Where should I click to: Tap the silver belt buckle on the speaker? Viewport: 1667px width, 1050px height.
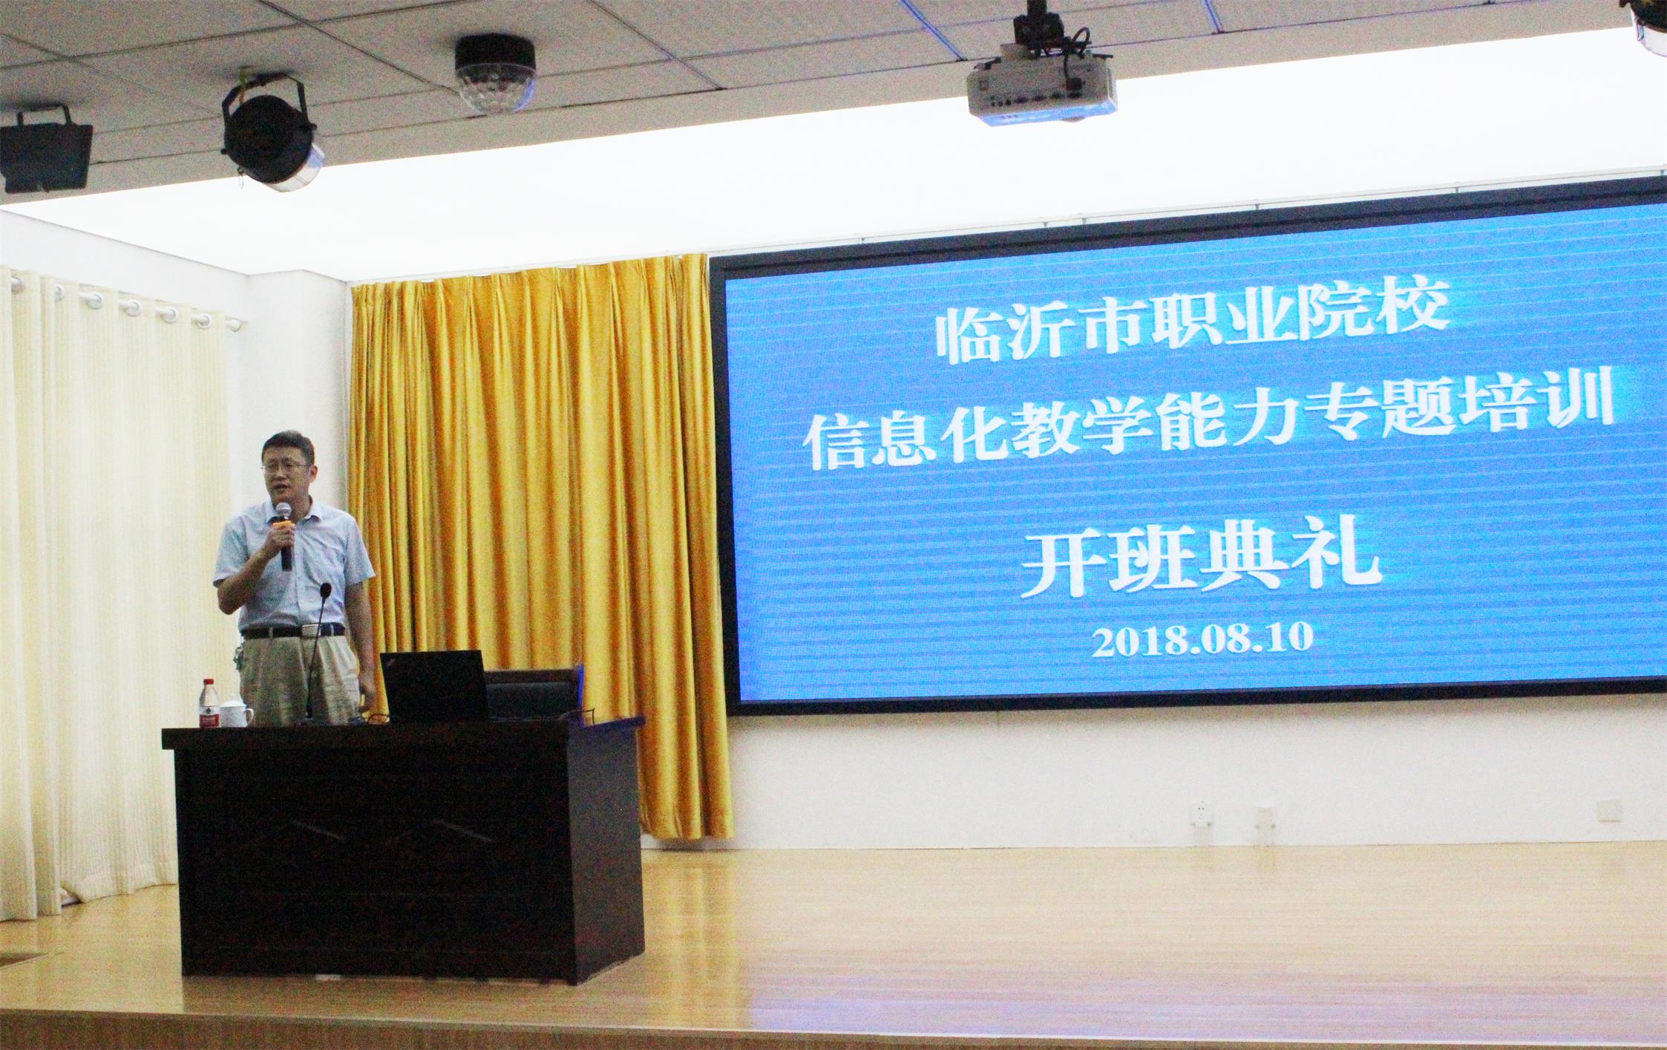309,630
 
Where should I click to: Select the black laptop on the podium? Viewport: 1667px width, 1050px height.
434,686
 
